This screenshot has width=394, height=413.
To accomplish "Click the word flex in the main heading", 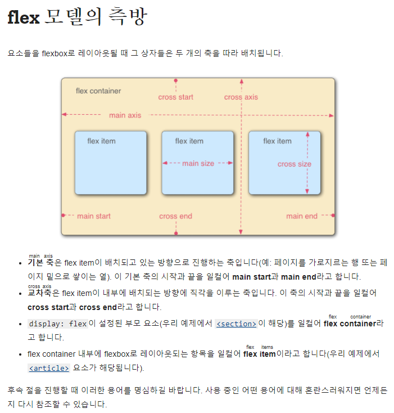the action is click(x=23, y=17).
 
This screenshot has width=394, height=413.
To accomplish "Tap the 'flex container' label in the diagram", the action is click(x=98, y=91).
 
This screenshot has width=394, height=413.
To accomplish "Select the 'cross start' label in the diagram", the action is click(x=175, y=97).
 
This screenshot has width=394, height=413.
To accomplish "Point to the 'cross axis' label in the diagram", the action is click(x=241, y=97).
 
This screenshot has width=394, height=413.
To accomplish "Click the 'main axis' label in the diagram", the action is click(x=125, y=115).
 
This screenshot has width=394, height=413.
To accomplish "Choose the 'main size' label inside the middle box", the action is click(x=198, y=163).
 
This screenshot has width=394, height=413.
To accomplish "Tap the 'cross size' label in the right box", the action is click(x=294, y=164).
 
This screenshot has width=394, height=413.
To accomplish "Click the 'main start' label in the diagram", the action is click(x=93, y=216).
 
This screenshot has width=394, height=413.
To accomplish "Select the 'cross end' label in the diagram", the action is click(x=175, y=216).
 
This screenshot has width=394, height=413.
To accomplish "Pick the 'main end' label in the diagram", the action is click(x=302, y=216).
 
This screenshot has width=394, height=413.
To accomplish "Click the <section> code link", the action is click(x=236, y=324).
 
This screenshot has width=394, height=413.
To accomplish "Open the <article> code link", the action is click(x=49, y=369).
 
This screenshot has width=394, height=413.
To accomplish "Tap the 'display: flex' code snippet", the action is click(x=58, y=324).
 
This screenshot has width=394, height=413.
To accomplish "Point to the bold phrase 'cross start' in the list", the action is click(x=47, y=307).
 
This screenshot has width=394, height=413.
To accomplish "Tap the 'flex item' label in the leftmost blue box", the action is click(x=101, y=141).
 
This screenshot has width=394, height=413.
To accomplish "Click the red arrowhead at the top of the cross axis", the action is click(x=242, y=81).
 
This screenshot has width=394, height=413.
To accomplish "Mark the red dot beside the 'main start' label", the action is click(x=64, y=216).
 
